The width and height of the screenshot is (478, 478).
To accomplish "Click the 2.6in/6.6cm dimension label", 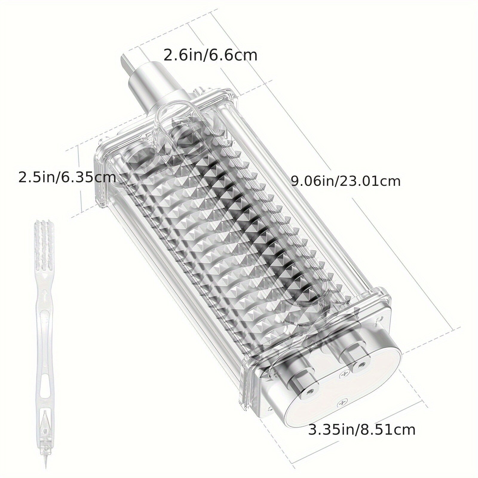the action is pos(210,56).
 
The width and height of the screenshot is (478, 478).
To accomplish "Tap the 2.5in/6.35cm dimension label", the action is pos(67,177).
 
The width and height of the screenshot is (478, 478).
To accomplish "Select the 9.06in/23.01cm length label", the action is pos(346,181).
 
